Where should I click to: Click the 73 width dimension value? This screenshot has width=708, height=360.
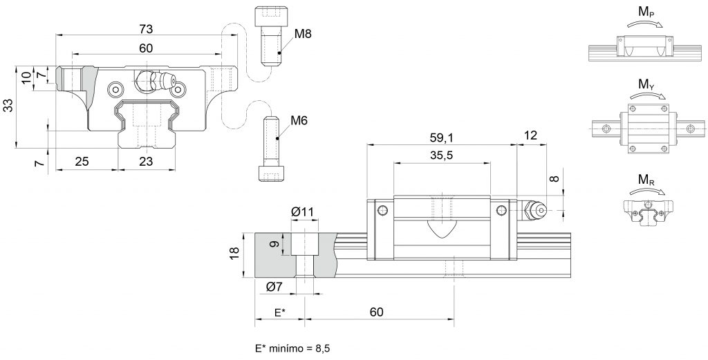coord(146,29)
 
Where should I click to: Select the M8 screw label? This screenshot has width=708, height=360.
coord(303,34)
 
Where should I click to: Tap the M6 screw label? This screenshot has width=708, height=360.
coord(299,120)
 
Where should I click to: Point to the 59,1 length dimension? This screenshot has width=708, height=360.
coord(441,136)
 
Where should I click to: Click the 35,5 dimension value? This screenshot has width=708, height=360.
coord(441,155)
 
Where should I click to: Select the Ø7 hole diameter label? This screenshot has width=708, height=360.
coord(274,287)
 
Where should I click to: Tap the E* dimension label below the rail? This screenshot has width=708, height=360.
coord(280,312)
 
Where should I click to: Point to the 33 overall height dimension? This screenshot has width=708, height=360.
coord(9,106)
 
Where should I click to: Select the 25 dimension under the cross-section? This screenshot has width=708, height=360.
coord(82,160)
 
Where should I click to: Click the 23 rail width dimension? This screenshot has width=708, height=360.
coord(146,160)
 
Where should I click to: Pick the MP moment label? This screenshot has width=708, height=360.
coord(647,12)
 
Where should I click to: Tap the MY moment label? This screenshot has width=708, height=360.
coord(647,84)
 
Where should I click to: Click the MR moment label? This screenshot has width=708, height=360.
coord(646,180)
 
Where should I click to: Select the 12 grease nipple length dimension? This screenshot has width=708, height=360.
coord(531,135)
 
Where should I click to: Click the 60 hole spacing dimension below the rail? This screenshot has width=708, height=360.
coord(376,312)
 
